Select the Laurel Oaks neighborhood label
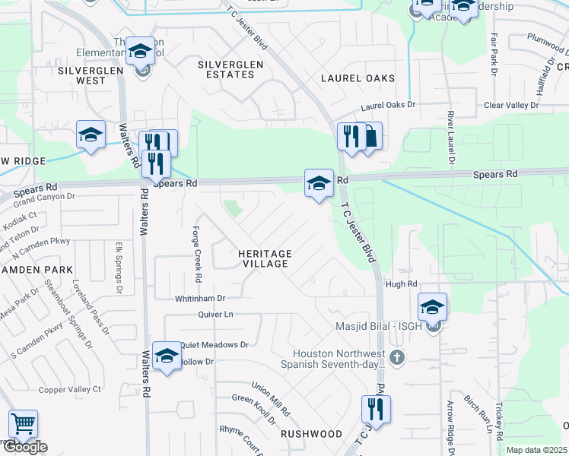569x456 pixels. (358, 78)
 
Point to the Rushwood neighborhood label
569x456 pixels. (311, 434)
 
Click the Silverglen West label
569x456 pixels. (81, 74)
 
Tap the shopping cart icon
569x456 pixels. (23, 423)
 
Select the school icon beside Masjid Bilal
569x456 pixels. (432, 307)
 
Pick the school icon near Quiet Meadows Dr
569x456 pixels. (167, 355)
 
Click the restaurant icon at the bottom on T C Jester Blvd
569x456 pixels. (375, 409)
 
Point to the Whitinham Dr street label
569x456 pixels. (200, 299)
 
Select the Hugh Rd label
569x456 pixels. (402, 283)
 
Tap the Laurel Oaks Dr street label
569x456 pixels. (389, 104)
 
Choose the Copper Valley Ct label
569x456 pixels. (70, 389)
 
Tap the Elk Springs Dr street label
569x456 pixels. (119, 268)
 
